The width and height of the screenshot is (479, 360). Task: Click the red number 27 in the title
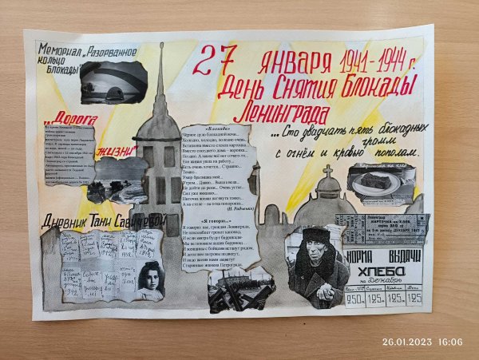[x=216, y=58]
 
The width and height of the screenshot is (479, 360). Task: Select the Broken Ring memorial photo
[x=112, y=81]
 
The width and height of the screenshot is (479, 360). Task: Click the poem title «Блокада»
[x=217, y=128]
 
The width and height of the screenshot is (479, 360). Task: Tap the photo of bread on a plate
[x=379, y=181]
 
